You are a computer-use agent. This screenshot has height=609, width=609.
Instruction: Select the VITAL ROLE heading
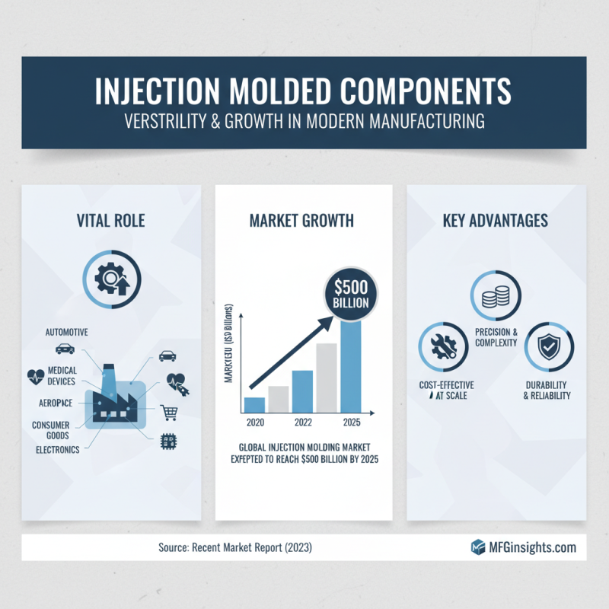pos(111,222)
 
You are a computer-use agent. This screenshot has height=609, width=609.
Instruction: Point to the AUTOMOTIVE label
pos(67,333)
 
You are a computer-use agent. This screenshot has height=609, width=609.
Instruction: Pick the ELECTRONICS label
pos(57,449)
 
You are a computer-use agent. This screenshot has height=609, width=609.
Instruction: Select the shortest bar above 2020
pos(254,403)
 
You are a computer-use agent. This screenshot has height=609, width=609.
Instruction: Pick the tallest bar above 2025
pos(351,365)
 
